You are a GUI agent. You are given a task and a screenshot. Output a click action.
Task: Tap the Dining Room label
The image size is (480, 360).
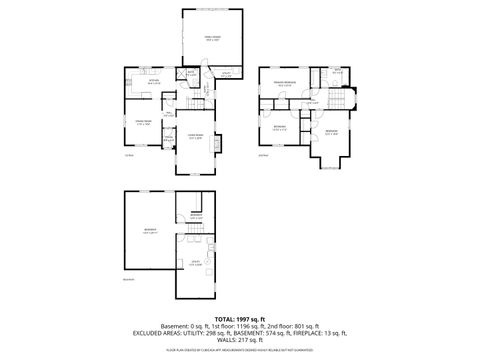pyautogui.click(x=142, y=124)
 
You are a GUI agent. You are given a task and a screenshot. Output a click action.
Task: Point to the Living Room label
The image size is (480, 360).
pyautogui.click(x=196, y=138)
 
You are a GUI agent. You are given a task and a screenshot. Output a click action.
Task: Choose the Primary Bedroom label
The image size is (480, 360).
pyautogui.click(x=285, y=83)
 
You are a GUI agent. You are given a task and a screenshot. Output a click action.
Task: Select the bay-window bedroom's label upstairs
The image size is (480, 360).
pyautogui.click(x=331, y=133)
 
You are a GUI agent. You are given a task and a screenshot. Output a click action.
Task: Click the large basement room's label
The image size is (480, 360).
pyautogui.click(x=148, y=231)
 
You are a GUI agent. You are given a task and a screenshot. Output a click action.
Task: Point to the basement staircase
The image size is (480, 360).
pyautogui.click(x=196, y=238)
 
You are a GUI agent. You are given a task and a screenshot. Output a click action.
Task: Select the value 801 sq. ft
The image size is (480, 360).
pyautogui.click(x=303, y=326)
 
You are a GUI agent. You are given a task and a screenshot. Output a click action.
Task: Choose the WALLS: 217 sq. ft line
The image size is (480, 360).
pyautogui.click(x=238, y=341)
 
